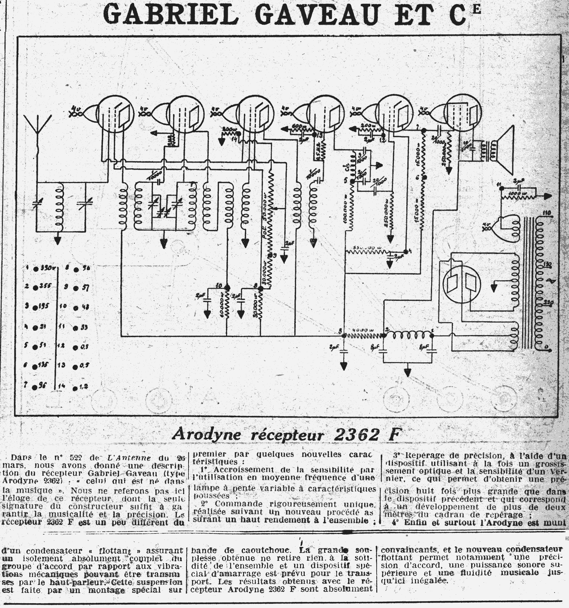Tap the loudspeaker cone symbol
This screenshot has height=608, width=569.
(x=506, y=150)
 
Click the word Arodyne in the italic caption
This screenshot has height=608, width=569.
(x=206, y=435)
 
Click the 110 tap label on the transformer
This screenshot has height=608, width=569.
(x=547, y=214)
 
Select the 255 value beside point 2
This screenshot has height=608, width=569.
(x=46, y=286)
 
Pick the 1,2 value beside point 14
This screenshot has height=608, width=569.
(x=84, y=387)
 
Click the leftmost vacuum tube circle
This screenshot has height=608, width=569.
(x=115, y=114)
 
